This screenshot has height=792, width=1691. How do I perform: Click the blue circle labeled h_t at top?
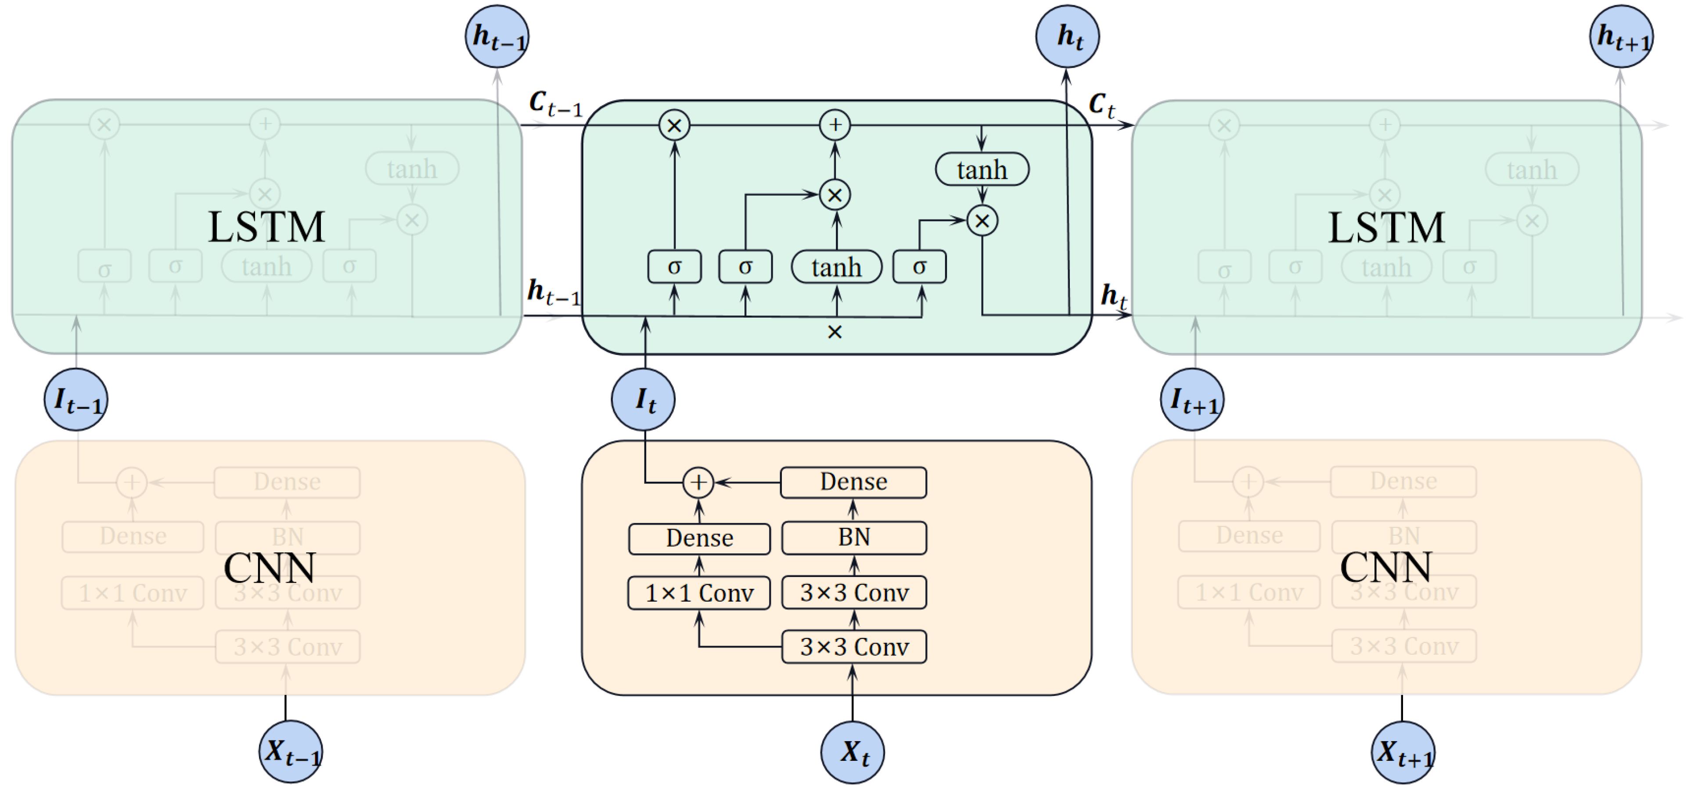click(1067, 36)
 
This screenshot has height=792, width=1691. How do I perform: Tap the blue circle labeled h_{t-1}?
click(497, 36)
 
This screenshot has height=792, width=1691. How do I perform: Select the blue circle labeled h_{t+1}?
click(1621, 36)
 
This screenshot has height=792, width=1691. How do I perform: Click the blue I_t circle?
click(643, 399)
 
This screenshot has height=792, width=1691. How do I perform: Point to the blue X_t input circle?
click(852, 752)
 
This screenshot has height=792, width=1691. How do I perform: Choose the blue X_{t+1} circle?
click(1403, 752)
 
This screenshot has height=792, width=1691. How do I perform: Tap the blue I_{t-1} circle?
click(76, 399)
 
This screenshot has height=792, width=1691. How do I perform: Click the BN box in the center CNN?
click(853, 538)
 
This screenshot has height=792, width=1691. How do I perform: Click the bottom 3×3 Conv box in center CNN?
click(853, 647)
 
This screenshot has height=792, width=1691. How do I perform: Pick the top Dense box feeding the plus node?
click(853, 482)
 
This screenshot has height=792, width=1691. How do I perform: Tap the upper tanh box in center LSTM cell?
click(982, 170)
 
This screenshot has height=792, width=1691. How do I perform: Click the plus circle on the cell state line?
click(835, 125)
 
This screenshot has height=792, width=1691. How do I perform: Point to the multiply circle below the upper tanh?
click(982, 220)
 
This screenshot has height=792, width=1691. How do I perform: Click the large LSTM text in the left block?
click(266, 227)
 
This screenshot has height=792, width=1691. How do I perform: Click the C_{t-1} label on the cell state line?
click(555, 104)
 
